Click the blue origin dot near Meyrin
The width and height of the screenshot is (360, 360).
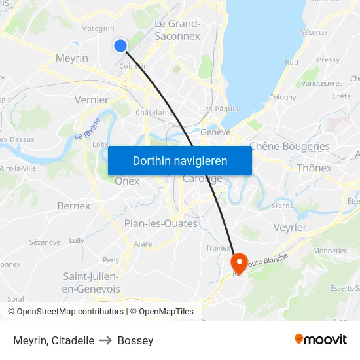point(120,45)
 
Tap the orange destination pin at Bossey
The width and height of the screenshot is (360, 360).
point(240,262)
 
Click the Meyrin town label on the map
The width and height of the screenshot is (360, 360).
point(72,58)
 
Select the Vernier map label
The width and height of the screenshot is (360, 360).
point(91,99)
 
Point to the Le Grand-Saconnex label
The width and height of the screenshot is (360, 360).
point(177,30)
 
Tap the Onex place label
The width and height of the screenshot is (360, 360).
point(127,181)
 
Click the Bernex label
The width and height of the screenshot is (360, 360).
point(73,206)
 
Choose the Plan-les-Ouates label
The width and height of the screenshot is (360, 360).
point(160,223)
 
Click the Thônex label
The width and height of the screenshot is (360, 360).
point(314,168)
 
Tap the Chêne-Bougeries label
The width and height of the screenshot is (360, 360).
point(289,147)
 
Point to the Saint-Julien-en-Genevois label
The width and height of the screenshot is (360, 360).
point(91,282)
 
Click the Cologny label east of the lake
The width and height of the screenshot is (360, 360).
point(283,97)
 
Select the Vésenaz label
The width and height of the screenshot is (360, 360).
point(314,31)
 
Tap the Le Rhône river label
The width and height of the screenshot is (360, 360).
point(87,128)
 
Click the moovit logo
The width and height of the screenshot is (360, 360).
point(321,339)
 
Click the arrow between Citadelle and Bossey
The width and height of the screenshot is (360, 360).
point(106,340)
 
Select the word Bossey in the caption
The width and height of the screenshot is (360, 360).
point(135,340)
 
